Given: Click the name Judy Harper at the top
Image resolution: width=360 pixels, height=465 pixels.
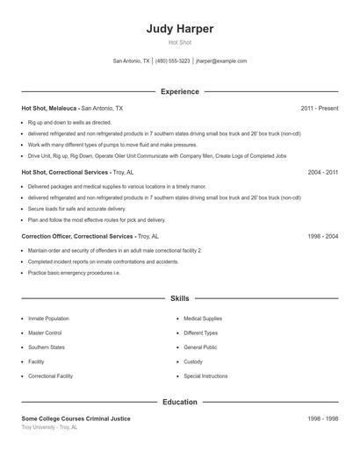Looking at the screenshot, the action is (180, 29).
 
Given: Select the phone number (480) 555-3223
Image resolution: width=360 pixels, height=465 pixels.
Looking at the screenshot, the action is (173, 61).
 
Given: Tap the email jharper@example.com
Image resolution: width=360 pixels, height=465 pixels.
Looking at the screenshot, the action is (221, 61).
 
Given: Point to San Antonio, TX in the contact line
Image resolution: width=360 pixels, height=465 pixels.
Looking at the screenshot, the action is (132, 61).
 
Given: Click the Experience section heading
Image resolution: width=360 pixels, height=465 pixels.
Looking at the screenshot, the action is (180, 91).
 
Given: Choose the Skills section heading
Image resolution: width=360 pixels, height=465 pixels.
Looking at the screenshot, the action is (180, 299).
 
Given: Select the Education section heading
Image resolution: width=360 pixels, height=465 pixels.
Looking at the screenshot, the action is (180, 402).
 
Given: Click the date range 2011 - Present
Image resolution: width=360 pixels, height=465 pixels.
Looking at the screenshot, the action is (319, 108).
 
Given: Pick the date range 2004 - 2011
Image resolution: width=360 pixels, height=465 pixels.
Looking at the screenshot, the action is (322, 173).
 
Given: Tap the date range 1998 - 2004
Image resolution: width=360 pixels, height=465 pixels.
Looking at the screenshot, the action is (322, 237).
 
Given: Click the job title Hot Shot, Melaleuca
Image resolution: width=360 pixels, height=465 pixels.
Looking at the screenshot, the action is (49, 108).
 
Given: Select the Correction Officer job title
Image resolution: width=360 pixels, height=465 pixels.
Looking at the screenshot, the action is (77, 237).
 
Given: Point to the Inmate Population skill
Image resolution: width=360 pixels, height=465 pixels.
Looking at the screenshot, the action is (48, 318).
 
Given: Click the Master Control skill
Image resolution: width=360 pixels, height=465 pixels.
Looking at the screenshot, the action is (45, 333).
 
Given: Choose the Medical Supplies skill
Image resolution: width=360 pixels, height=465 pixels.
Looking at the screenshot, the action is (202, 318).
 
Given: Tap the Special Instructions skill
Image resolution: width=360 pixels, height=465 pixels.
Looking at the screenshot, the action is (205, 376).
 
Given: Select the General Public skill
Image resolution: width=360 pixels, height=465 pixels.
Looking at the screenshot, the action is (199, 347).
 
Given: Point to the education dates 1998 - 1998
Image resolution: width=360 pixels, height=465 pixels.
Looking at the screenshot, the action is (322, 418).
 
